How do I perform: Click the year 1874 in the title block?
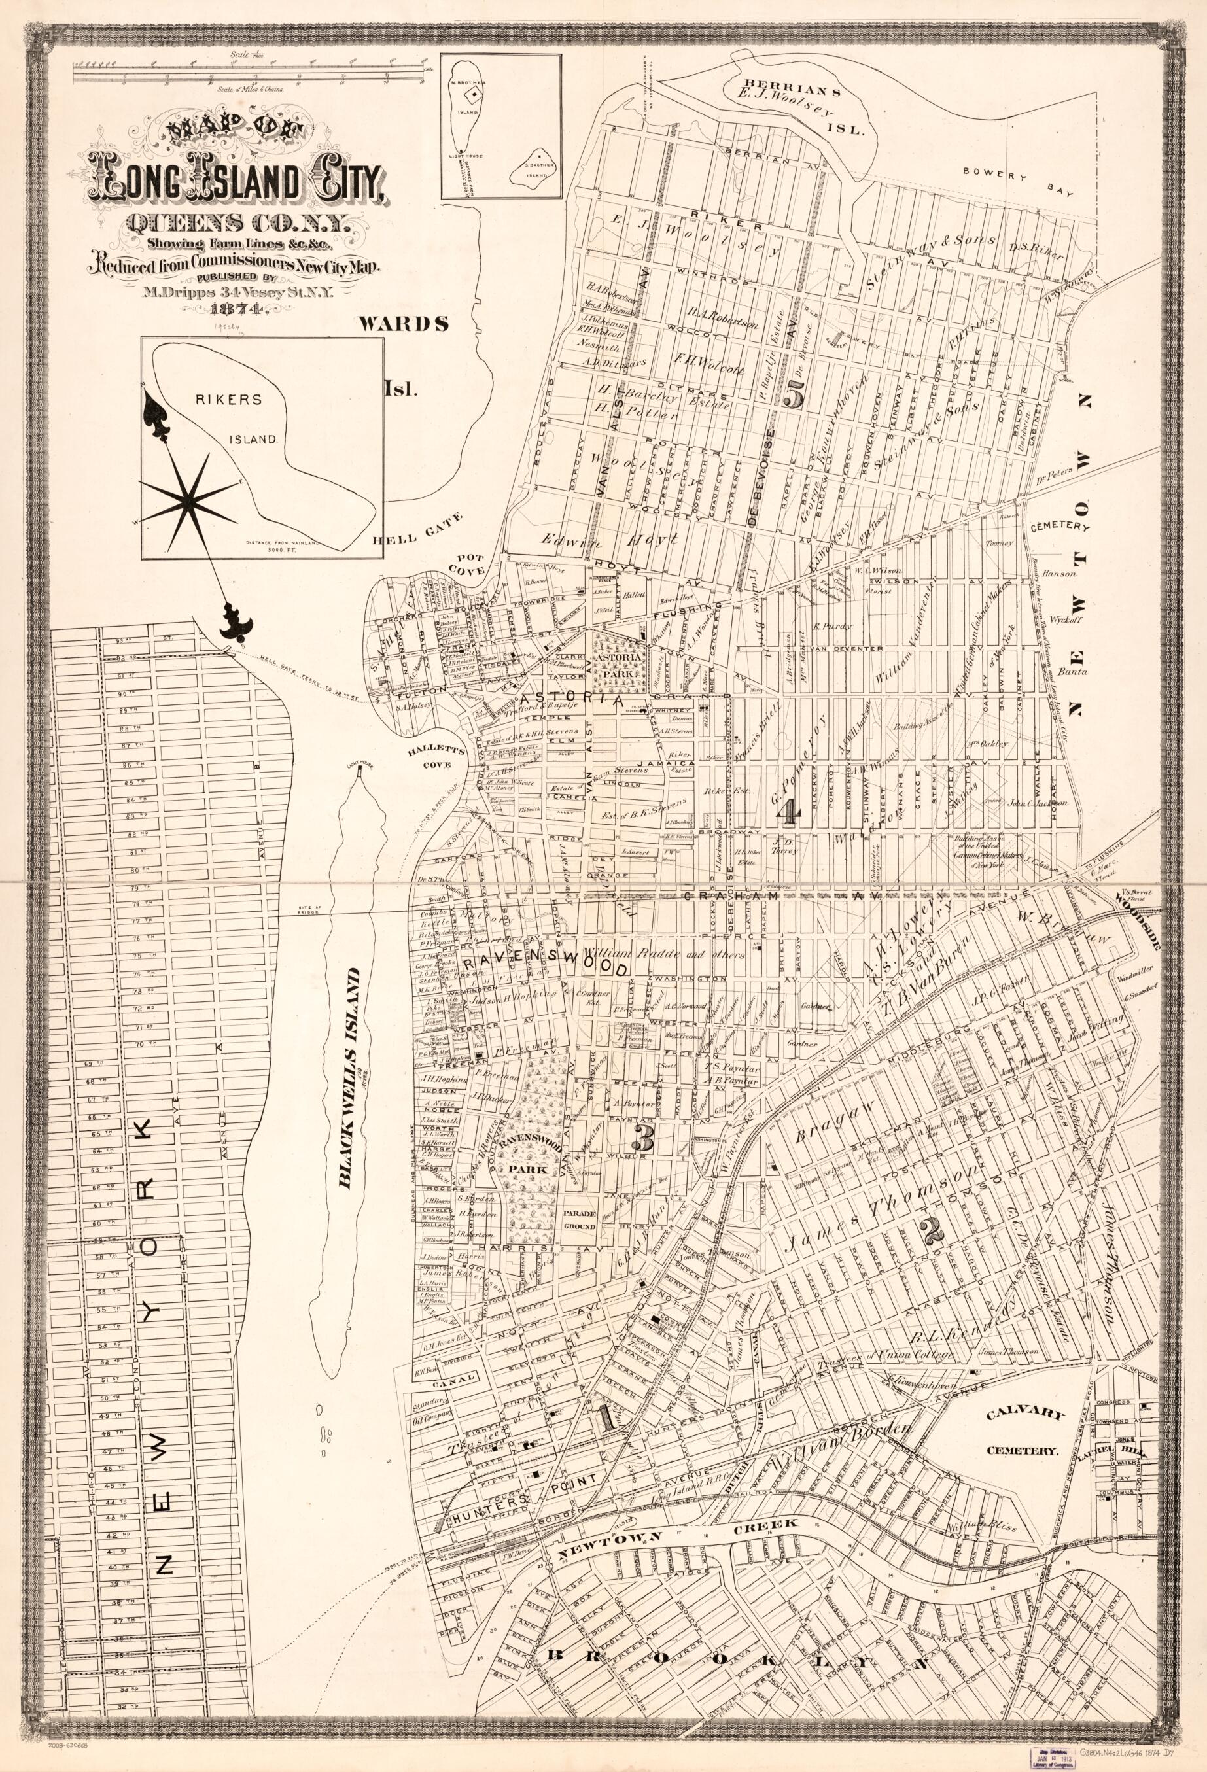tap(238, 309)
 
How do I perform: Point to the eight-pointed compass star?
tap(186, 497)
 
